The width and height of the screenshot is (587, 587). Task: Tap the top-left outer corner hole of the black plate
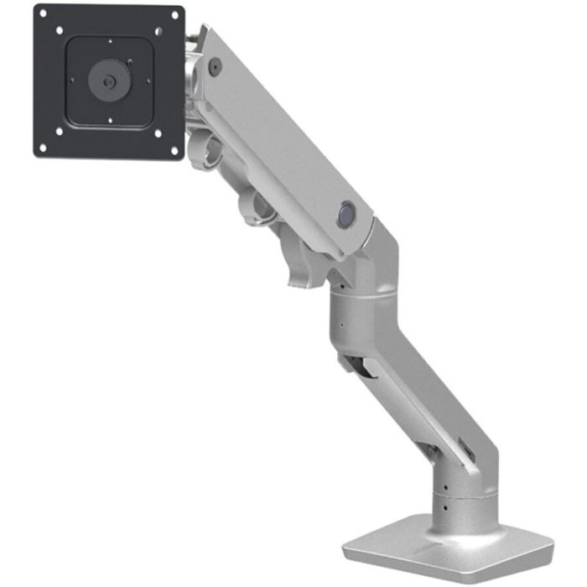click(x=44, y=14)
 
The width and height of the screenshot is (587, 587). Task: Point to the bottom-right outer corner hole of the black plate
click(x=174, y=152)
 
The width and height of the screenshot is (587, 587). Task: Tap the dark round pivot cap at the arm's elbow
click(x=345, y=216)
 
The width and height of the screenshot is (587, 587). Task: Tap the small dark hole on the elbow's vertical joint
click(x=342, y=323)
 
